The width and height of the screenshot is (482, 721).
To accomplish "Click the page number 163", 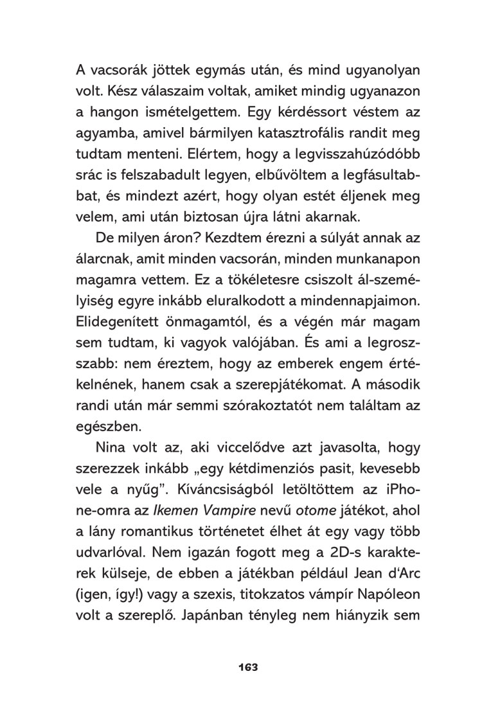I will (x=247, y=668).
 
